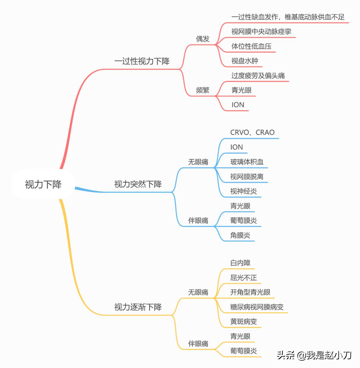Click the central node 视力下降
43,185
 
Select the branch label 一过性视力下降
142,61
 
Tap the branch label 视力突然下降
138,184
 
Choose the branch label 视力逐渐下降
138,307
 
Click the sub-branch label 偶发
203,39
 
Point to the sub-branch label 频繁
203,90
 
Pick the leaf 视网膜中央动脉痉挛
262,31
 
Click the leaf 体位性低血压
251,46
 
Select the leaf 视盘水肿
245,61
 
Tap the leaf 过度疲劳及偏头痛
258,75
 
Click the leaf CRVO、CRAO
252,132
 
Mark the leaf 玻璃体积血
247,162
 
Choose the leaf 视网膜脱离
247,177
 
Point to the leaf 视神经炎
243,192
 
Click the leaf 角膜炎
240,236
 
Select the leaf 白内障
240,263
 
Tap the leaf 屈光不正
243,278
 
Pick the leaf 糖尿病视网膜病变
257,307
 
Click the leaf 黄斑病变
243,322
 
